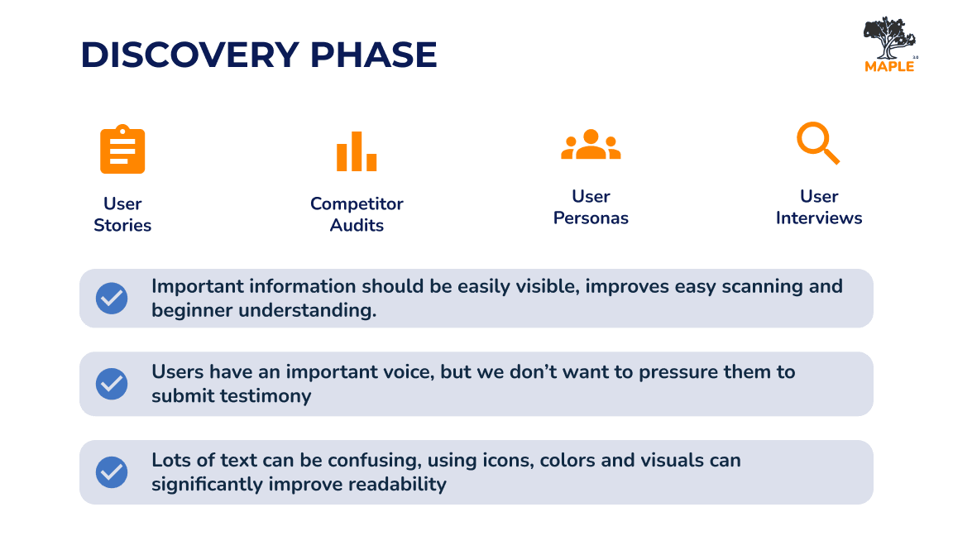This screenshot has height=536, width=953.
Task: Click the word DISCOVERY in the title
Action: [x=189, y=55]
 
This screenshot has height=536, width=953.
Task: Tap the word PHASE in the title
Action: [x=373, y=55]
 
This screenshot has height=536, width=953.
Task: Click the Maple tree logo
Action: [x=890, y=45]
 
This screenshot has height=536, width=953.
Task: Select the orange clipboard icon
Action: [x=122, y=150]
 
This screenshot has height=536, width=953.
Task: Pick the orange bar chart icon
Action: [x=357, y=151]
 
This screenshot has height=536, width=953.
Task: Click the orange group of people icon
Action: [x=591, y=145]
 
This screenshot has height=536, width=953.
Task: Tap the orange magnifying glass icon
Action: [x=818, y=143]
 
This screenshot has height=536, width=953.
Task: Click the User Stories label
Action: [x=122, y=214]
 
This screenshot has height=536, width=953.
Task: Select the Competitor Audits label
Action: [x=357, y=214]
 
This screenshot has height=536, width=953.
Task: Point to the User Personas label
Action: [x=591, y=208]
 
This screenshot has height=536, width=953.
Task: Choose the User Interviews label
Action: [x=819, y=208]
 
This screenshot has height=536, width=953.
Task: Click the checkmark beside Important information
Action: [x=112, y=299]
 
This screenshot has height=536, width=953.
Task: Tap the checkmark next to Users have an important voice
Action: [x=112, y=384]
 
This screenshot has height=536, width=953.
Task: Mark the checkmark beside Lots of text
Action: [x=112, y=472]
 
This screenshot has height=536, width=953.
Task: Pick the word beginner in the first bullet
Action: [x=192, y=310]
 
